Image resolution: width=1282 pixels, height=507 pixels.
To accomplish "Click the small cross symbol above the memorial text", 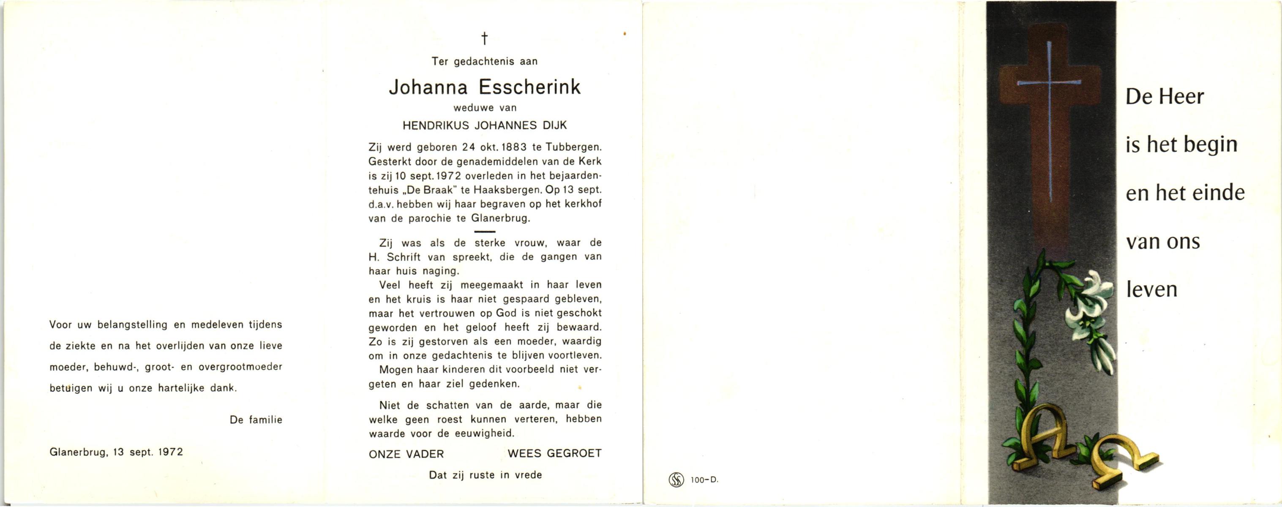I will click(484, 38).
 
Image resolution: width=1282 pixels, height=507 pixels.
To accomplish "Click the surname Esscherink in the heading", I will click(529, 87).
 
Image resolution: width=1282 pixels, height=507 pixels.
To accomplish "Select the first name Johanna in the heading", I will click(428, 87).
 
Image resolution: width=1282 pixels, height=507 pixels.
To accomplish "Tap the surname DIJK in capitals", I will click(554, 125).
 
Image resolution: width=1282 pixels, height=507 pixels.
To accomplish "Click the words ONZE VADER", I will click(406, 454).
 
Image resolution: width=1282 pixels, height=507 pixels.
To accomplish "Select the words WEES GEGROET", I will click(554, 453).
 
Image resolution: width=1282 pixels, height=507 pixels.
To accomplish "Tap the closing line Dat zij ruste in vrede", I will click(485, 475).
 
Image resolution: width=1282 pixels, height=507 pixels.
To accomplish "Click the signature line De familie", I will click(256, 420).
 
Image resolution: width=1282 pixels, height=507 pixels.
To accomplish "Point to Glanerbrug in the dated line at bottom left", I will click(78, 452).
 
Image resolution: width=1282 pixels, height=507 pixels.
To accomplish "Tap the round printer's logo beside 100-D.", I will click(675, 480).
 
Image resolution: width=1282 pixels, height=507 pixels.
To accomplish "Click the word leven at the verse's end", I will click(1151, 289).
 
